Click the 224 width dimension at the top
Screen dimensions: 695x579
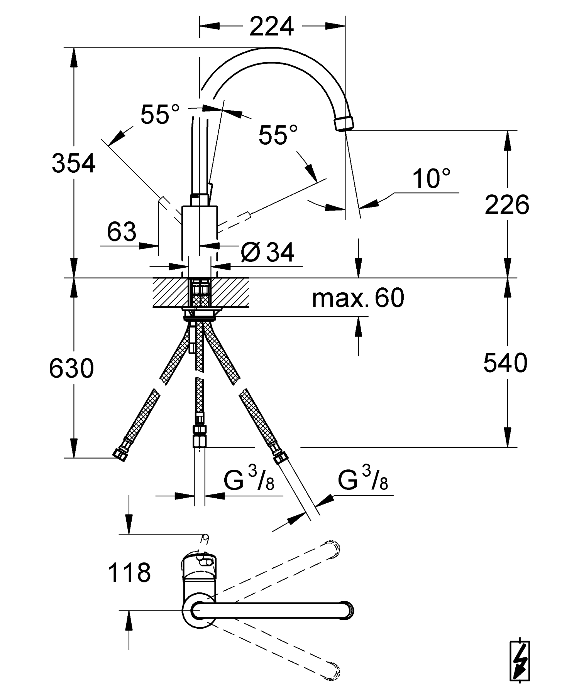pyautogui.click(x=271, y=26)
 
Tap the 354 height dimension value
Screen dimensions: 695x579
pyautogui.click(x=73, y=163)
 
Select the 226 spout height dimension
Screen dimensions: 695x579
pyautogui.click(x=507, y=205)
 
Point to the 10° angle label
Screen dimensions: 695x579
pyautogui.click(x=431, y=179)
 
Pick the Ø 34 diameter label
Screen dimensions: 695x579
pyautogui.click(x=267, y=253)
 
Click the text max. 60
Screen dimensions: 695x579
pyautogui.click(x=358, y=298)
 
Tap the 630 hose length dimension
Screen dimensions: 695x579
pyautogui.click(x=71, y=368)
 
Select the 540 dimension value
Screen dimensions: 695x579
pyautogui.click(x=505, y=363)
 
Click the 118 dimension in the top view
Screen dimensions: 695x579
pyautogui.click(x=129, y=573)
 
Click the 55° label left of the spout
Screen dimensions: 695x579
pyautogui.click(x=160, y=114)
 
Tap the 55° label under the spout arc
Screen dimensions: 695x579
pyautogui.click(x=278, y=135)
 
